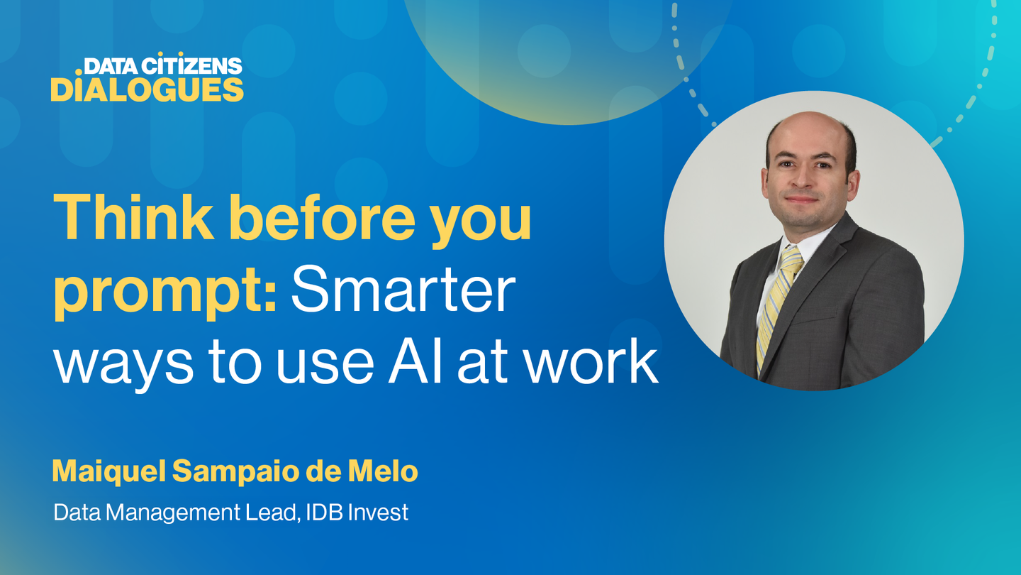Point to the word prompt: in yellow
(165, 292)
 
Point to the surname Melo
(383, 471)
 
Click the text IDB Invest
(357, 513)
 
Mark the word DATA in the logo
(111, 66)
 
